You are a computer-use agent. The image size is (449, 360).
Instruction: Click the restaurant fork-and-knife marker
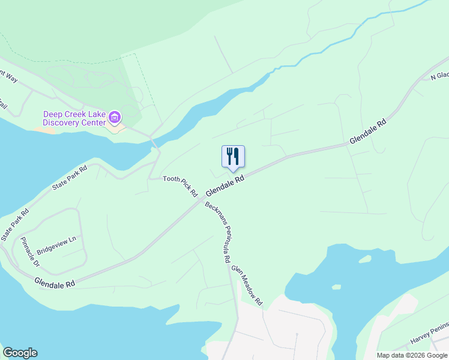coord(233,157)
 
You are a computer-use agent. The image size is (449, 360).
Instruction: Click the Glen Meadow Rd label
coord(247,286)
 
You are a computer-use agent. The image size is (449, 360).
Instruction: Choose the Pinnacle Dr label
coord(29,252)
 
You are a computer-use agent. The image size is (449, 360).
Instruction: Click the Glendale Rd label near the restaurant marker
coord(225,185)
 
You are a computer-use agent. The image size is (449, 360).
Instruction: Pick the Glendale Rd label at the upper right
coord(367,130)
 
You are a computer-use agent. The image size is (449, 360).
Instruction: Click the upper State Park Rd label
coord(70,178)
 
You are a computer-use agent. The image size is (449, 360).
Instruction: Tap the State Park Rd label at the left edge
coord(14,225)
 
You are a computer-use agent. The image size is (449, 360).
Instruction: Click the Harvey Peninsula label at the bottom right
coord(429,338)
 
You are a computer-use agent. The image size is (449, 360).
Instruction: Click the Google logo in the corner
coord(20,353)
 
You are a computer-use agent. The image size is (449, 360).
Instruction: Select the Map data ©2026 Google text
coord(412,355)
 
